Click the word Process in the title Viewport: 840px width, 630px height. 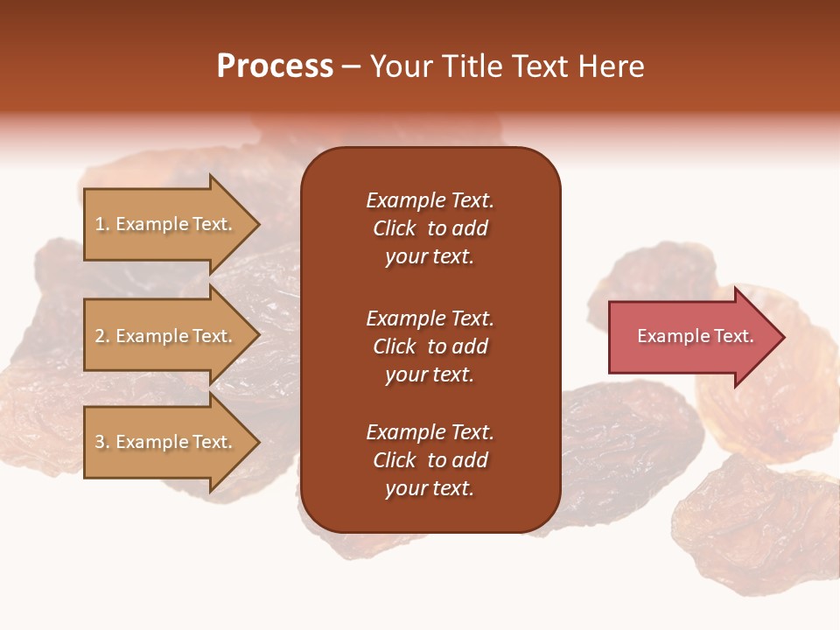pos(275,66)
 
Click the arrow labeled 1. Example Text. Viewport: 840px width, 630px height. pos(166,224)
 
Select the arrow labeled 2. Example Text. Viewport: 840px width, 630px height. pos(166,336)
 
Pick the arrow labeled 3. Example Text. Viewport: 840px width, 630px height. pos(166,442)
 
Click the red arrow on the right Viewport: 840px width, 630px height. pos(691,336)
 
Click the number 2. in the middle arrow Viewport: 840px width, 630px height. pos(102,336)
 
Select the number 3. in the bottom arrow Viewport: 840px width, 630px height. pos(102,442)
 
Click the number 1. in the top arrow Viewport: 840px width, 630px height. pos(102,224)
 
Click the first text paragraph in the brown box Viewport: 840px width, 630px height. pos(430,228)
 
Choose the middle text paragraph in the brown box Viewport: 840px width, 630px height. pos(430,346)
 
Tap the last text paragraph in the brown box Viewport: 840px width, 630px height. pos(430,460)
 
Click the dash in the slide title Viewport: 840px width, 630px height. pos(351,66)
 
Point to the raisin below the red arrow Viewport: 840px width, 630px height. pos(752,525)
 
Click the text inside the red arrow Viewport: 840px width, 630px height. pos(695,336)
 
